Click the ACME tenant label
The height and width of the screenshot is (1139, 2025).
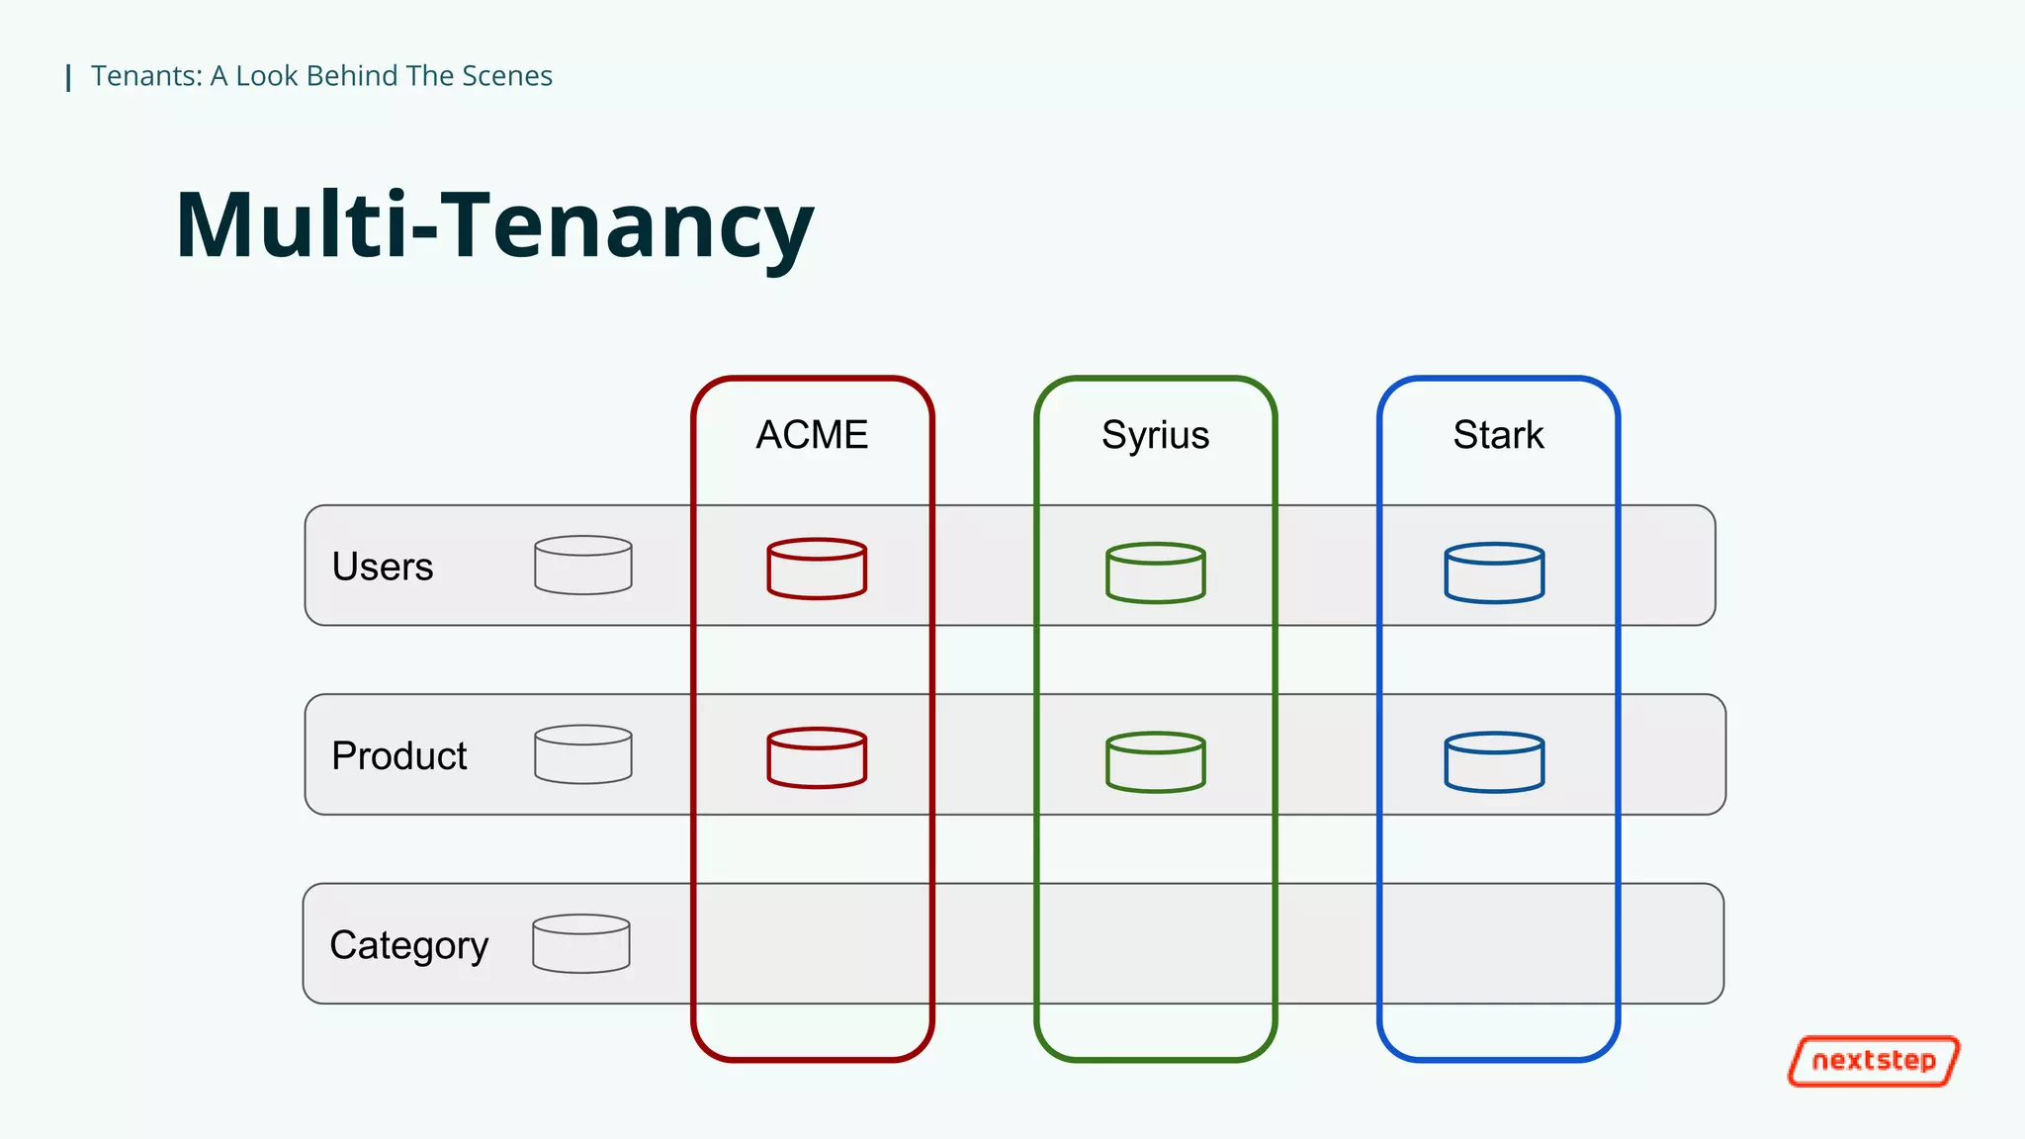pyautogui.click(x=812, y=435)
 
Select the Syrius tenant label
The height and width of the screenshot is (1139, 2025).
pyautogui.click(x=1155, y=435)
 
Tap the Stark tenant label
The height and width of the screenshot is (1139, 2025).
pyautogui.click(x=1498, y=435)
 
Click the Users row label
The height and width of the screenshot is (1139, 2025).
pyautogui.click(x=383, y=567)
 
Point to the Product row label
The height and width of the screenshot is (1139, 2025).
pyautogui.click(x=398, y=755)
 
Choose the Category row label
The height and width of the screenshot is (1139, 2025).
pyautogui.click(x=408, y=945)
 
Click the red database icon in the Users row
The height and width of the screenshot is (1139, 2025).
pyautogui.click(x=817, y=569)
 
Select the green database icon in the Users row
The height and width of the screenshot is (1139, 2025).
pyautogui.click(x=1155, y=572)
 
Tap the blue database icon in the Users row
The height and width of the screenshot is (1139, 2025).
pyautogui.click(x=1494, y=572)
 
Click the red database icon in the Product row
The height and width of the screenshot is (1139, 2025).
pyautogui.click(x=817, y=757)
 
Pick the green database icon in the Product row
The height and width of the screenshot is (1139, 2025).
pyautogui.click(x=1155, y=761)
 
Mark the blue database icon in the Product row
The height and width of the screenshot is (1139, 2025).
pyautogui.click(x=1494, y=761)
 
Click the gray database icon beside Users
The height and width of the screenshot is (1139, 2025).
pyautogui.click(x=583, y=566)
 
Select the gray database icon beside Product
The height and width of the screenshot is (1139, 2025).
pyautogui.click(x=583, y=754)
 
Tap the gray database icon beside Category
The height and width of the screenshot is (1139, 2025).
pyautogui.click(x=581, y=943)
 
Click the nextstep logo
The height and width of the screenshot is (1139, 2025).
pyautogui.click(x=1874, y=1061)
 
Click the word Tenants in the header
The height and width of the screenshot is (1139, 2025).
pyautogui.click(x=146, y=76)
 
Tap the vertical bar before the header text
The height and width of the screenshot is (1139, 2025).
pyautogui.click(x=68, y=77)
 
